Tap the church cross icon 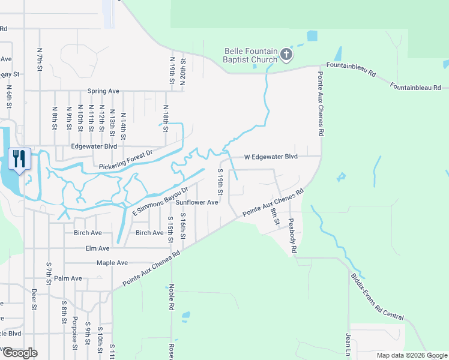tap(286, 56)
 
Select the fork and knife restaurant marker tap(19, 159)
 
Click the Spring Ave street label tap(103, 91)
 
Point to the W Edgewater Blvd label tap(271, 157)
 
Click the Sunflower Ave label tap(196, 203)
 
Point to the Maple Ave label tap(112, 263)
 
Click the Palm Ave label tap(68, 278)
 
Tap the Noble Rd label tap(172, 297)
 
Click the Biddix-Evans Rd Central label tap(377, 297)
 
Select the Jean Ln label tap(348, 343)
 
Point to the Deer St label tap(34, 299)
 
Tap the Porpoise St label tap(75, 332)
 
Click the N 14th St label tap(123, 125)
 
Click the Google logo tap(20, 352)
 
